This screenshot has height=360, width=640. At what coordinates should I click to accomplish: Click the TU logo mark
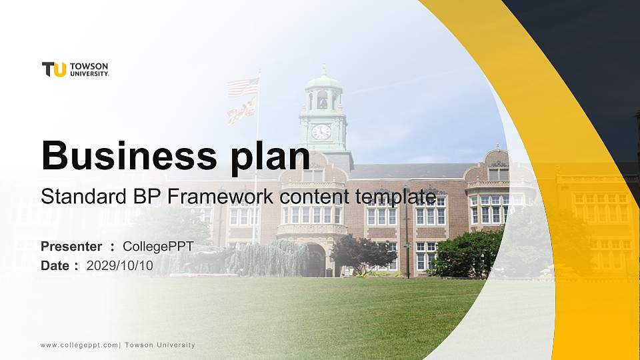(x=54, y=69)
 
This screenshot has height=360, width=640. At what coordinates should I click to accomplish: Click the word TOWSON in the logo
(x=89, y=66)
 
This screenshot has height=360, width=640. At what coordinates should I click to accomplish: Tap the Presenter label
(x=71, y=247)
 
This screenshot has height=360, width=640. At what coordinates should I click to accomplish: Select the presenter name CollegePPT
(x=158, y=247)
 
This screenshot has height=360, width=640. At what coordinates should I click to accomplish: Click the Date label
(x=55, y=265)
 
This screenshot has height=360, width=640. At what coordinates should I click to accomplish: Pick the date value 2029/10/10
(x=120, y=265)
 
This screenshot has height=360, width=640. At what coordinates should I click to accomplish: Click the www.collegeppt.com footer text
(x=79, y=345)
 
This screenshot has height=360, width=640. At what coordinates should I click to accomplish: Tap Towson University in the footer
(x=160, y=345)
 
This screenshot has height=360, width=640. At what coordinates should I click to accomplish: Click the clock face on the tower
(x=321, y=131)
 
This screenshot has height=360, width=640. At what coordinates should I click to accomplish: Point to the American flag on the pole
(x=243, y=87)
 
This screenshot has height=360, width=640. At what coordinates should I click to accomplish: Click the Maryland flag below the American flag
(x=241, y=109)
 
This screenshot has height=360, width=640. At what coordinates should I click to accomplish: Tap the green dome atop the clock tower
(x=324, y=81)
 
